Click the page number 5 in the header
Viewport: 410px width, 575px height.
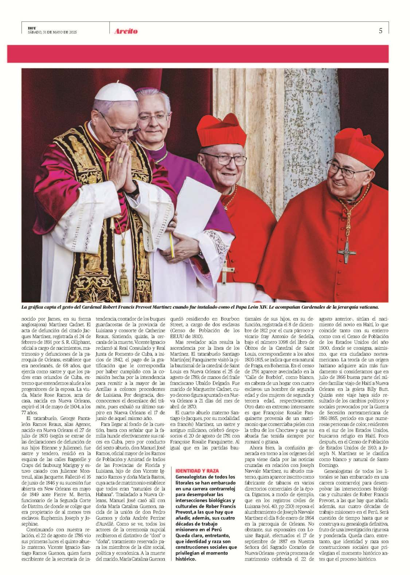click(380, 31)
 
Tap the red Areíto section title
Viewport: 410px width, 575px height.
click(126, 31)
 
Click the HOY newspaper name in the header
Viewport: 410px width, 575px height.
click(32, 28)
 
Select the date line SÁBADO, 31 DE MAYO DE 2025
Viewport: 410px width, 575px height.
click(52, 32)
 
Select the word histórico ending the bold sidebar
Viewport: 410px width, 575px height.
click(186, 559)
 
